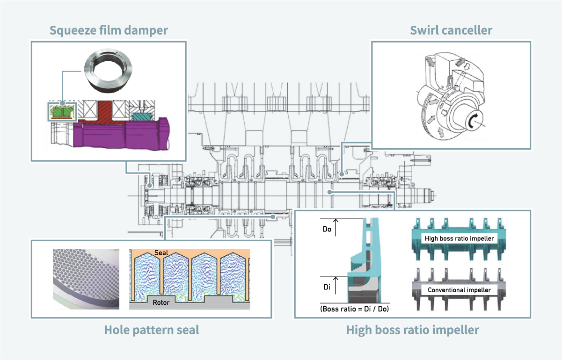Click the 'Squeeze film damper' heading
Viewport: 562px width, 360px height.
(109, 30)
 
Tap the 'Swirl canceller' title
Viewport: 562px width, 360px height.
(451, 30)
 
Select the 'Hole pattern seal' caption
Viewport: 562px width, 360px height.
(151, 330)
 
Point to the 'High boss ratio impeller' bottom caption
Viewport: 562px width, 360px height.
(412, 330)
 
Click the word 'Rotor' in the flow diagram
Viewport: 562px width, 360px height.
(161, 302)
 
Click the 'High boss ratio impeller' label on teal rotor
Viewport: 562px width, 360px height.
(459, 238)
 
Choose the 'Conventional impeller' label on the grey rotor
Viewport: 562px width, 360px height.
(459, 290)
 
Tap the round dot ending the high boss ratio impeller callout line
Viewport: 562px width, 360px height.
(330, 191)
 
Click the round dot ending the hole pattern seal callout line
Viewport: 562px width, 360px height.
(274, 216)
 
